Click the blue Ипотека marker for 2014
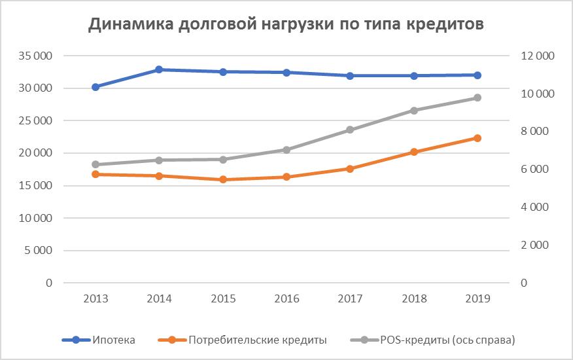point(159,69)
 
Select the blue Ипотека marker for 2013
point(95,86)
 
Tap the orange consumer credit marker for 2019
point(477,138)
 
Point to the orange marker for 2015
point(223,179)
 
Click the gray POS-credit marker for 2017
point(350,130)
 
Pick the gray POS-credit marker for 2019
point(477,98)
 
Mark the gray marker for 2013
point(95,164)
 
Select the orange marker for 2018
point(413,152)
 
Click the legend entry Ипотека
point(114,340)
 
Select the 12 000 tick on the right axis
point(536,56)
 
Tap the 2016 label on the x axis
point(286,298)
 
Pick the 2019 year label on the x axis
point(477,298)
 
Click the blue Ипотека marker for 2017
point(350,76)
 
